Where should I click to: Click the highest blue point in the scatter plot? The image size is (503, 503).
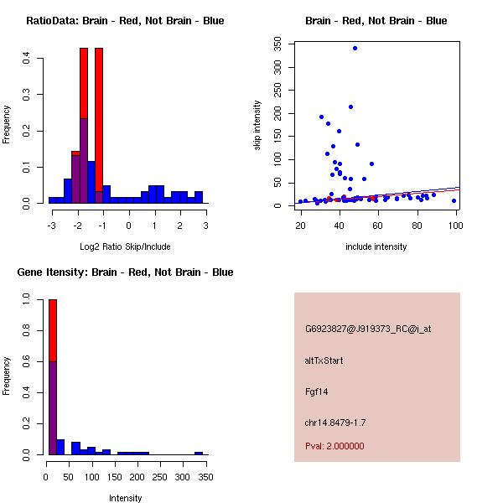click(x=355, y=49)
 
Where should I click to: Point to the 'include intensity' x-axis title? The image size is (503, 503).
click(x=376, y=246)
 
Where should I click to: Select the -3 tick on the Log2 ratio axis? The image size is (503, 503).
click(x=52, y=226)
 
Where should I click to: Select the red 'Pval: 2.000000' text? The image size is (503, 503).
click(x=334, y=446)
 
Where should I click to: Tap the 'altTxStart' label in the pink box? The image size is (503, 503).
click(x=324, y=360)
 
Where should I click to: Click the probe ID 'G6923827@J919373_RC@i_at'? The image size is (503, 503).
click(x=368, y=329)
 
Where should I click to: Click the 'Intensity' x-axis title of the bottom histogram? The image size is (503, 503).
click(x=125, y=498)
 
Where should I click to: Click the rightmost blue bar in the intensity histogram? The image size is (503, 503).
click(x=199, y=453)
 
